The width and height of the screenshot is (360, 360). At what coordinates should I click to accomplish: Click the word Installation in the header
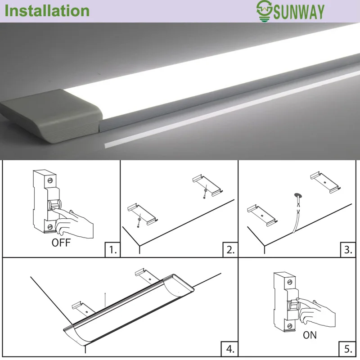click(47, 11)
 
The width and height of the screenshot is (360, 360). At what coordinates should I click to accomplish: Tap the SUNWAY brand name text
click(299, 12)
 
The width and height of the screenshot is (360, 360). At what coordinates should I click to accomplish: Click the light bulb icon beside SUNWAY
click(264, 11)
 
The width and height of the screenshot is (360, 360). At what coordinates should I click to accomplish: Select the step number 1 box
click(112, 250)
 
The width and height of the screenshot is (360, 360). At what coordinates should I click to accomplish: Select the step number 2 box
click(230, 250)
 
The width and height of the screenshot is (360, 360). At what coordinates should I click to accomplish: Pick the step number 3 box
click(348, 250)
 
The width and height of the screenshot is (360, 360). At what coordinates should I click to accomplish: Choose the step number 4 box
click(229, 349)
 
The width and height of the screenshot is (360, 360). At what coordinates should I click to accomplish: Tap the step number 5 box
click(347, 349)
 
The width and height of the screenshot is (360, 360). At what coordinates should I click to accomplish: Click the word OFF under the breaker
click(61, 243)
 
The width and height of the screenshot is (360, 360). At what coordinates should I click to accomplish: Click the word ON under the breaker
click(310, 335)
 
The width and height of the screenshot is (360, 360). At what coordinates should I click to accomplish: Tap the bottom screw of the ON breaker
click(290, 326)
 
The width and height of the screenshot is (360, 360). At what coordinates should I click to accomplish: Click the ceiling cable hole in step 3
click(298, 196)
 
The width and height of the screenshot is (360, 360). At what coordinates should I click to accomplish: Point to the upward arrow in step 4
click(105, 300)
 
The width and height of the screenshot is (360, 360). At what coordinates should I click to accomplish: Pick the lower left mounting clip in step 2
click(143, 214)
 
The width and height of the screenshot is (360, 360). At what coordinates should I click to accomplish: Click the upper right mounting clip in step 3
click(325, 183)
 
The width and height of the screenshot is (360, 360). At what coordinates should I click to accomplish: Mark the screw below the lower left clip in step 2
click(138, 227)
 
